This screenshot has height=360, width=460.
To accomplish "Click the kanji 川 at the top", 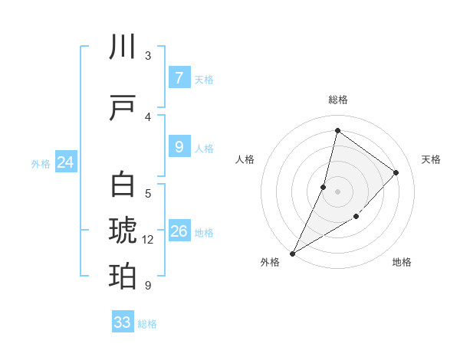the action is pyautogui.click(x=123, y=47).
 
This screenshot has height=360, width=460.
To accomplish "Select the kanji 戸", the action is pyautogui.click(x=123, y=110).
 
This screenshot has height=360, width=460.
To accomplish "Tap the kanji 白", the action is pyautogui.click(x=123, y=185).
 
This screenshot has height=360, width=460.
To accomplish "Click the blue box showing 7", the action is pyautogui.click(x=179, y=77).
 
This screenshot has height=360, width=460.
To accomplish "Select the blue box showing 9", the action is pyautogui.click(x=179, y=148).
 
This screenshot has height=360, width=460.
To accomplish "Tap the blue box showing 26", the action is pyautogui.click(x=179, y=231).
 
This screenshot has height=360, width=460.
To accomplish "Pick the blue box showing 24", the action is pyautogui.click(x=65, y=162).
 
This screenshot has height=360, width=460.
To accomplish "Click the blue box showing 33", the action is pyautogui.click(x=123, y=322).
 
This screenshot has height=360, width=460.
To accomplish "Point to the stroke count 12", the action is pyautogui.click(x=148, y=240).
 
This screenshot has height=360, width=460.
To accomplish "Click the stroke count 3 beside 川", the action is pyautogui.click(x=148, y=56).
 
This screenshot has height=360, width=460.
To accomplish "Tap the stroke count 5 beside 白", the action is pyautogui.click(x=148, y=193).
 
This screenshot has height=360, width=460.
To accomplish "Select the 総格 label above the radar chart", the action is pyautogui.click(x=338, y=100).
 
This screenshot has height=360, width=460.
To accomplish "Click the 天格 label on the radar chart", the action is pyautogui.click(x=431, y=159).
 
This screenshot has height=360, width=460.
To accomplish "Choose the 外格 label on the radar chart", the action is pyautogui.click(x=270, y=262).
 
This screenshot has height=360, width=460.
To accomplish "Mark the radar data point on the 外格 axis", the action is pyautogui.click(x=292, y=253).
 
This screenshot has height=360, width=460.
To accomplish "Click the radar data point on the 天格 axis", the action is pyautogui.click(x=396, y=172).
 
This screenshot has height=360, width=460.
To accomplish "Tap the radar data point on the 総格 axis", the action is pyautogui.click(x=337, y=130).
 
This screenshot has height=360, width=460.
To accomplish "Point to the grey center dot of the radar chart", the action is pyautogui.click(x=337, y=191).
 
